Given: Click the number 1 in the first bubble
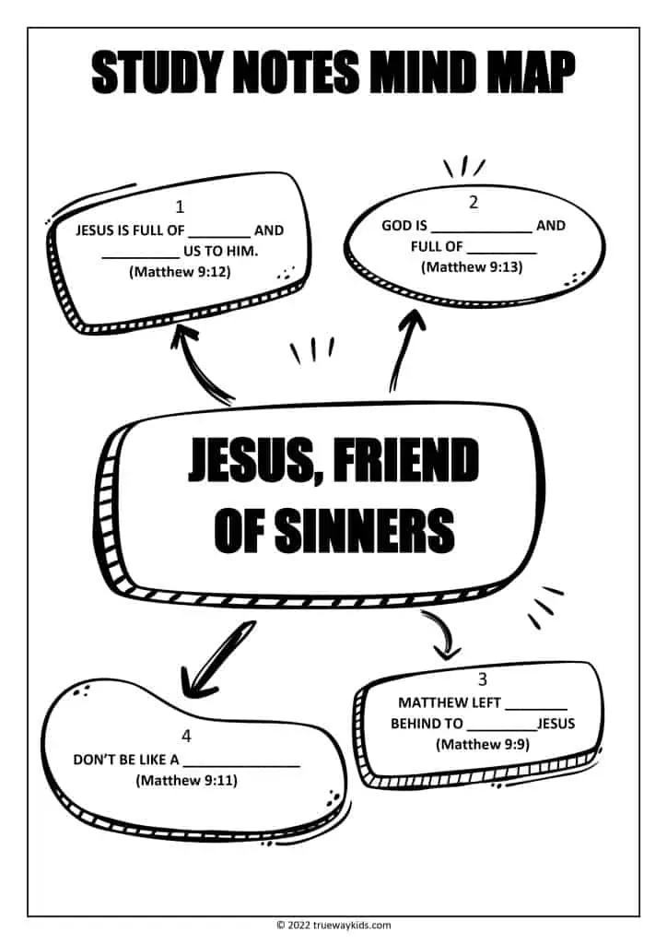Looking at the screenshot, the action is click(x=180, y=207).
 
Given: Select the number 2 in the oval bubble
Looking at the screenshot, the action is click(x=474, y=202).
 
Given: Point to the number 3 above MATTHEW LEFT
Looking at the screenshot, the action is click(x=483, y=679).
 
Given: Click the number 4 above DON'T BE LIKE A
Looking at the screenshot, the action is click(x=186, y=736).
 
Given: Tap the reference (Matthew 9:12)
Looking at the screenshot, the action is click(x=180, y=272).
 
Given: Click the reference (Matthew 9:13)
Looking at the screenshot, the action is click(x=472, y=266).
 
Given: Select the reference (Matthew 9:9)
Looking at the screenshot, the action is click(x=483, y=744).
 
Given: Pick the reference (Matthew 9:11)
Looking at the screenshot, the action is click(x=186, y=780).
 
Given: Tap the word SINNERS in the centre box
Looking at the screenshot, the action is click(x=365, y=530).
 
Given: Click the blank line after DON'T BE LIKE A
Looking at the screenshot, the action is click(x=241, y=766).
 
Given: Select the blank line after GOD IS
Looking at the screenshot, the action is click(x=482, y=231).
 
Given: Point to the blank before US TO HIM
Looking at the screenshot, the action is click(x=141, y=257).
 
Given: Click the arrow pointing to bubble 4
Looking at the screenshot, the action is click(x=216, y=660).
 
